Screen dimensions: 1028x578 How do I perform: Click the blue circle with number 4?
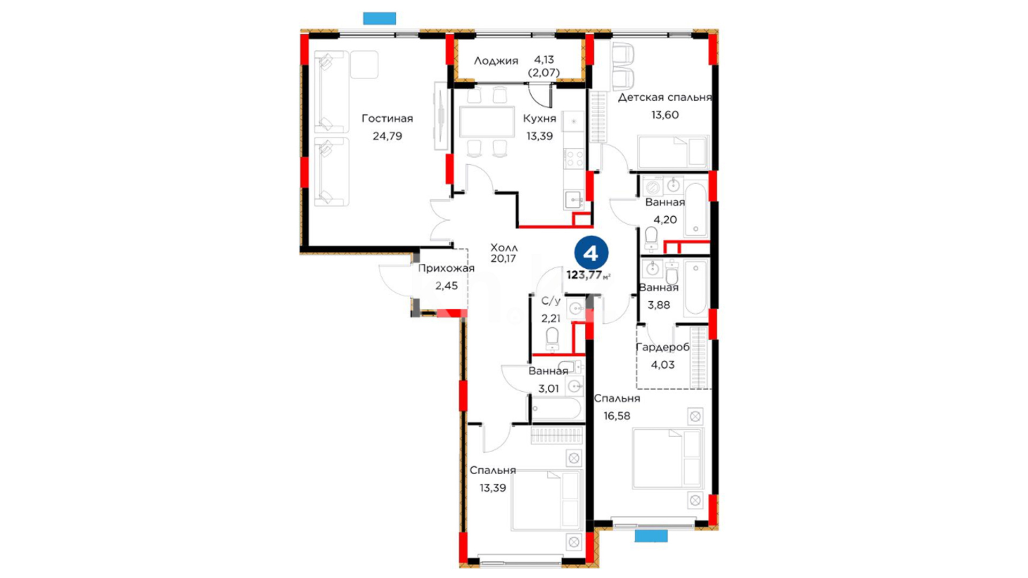tap(591, 253)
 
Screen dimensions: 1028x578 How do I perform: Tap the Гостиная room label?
tap(387, 118)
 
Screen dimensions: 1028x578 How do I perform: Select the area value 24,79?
tap(387, 136)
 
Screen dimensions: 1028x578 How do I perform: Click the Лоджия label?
tap(496, 61)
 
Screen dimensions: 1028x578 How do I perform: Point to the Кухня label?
tap(539, 118)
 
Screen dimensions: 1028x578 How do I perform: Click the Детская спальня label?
tap(664, 97)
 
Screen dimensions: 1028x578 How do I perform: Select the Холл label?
tap(504, 247)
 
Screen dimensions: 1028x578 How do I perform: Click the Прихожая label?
tap(446, 269)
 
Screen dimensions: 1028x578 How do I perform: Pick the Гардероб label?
tap(662, 347)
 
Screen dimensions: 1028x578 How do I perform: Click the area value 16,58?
tap(617, 416)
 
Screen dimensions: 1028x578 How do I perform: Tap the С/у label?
tap(550, 301)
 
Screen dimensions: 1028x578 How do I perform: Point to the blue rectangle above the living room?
tap(380, 18)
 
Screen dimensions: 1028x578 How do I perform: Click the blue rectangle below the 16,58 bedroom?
tap(651, 536)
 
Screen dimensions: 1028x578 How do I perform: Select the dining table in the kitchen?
tap(487, 122)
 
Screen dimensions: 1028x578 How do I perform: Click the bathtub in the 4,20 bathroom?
tap(696, 210)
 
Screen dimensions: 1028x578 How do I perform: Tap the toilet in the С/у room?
tap(552, 339)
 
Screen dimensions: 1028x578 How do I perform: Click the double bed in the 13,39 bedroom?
tap(547, 500)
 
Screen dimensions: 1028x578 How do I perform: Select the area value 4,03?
tap(662, 365)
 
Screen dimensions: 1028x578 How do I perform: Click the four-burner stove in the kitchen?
tap(574, 158)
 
